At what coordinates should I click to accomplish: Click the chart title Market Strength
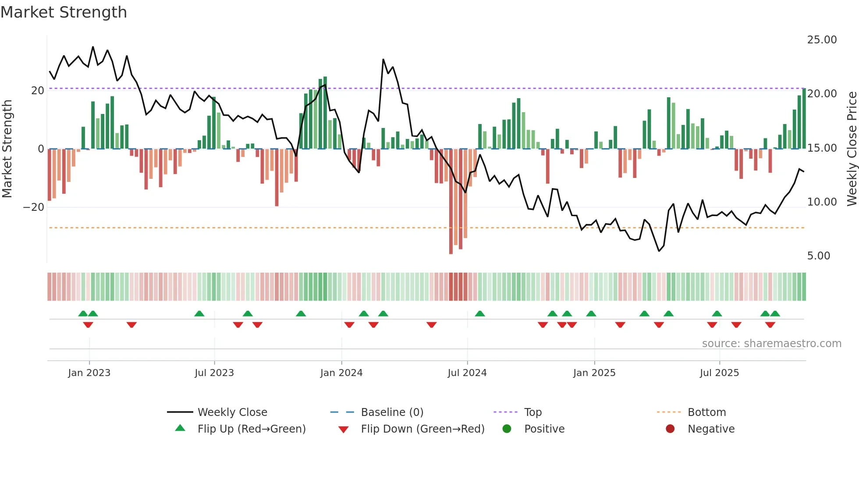(x=64, y=12)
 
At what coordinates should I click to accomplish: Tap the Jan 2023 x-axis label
(x=89, y=373)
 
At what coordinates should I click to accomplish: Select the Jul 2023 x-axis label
(x=214, y=373)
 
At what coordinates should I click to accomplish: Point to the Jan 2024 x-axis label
(x=341, y=373)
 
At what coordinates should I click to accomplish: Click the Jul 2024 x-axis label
(x=467, y=373)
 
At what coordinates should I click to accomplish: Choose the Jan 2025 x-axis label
(x=594, y=373)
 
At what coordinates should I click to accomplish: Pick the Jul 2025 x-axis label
(x=719, y=373)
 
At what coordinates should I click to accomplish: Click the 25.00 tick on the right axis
(x=822, y=40)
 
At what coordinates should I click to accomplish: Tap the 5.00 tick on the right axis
(x=819, y=256)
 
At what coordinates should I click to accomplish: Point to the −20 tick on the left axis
(x=34, y=207)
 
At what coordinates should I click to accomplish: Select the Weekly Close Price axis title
(x=852, y=149)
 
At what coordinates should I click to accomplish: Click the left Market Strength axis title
(x=7, y=149)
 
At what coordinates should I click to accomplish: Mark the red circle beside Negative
(x=670, y=429)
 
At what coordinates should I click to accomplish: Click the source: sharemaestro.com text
(x=771, y=344)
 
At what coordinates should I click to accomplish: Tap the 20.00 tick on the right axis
(x=822, y=94)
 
